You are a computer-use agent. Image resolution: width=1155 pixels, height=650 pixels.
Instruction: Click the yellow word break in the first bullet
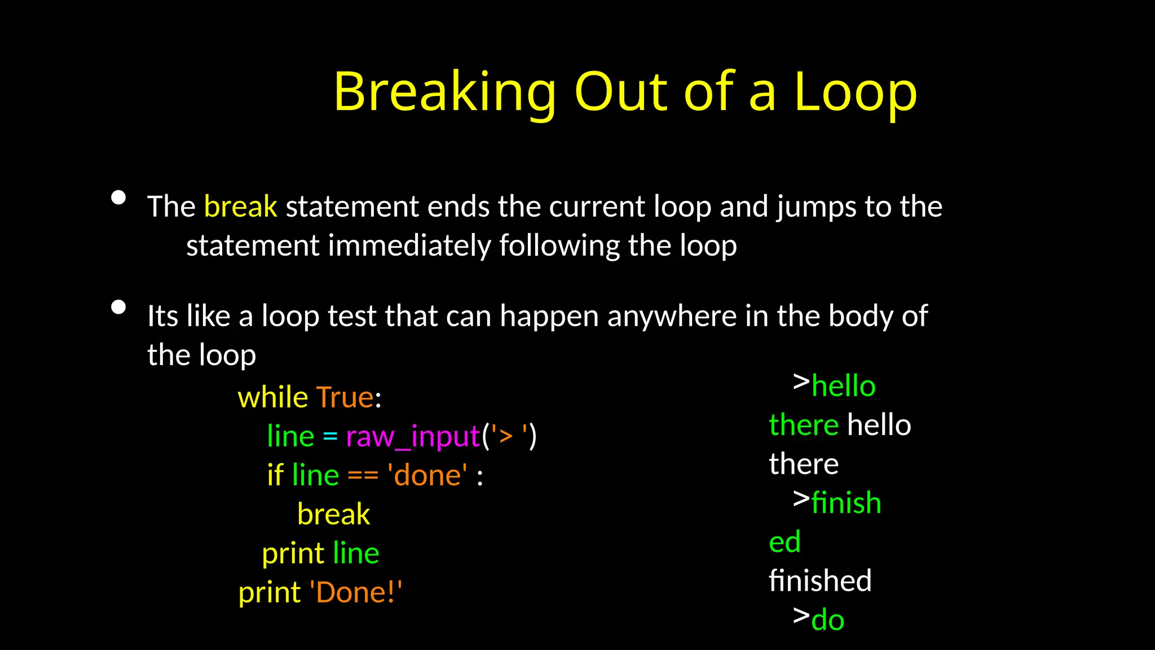[240, 207]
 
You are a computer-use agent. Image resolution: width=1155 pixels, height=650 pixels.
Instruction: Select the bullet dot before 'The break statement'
[118, 197]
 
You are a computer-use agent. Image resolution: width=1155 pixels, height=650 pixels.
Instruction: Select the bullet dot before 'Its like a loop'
[118, 307]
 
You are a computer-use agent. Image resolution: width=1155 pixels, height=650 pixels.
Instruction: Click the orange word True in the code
[345, 397]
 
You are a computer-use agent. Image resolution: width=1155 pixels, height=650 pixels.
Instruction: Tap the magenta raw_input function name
[412, 437]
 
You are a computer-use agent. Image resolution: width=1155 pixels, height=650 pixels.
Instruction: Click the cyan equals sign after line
[330, 437]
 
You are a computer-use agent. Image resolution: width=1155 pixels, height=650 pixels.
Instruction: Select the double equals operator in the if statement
[363, 476]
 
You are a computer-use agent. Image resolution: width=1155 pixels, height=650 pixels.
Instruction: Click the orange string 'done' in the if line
[427, 476]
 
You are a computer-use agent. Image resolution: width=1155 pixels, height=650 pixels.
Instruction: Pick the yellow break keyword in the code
[333, 515]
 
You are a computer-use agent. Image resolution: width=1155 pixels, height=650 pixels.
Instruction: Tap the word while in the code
[272, 397]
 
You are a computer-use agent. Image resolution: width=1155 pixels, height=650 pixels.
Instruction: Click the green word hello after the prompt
[843, 387]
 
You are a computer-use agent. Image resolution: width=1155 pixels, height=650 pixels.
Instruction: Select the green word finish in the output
[846, 503]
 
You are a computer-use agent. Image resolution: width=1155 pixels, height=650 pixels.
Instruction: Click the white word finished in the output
[820, 581]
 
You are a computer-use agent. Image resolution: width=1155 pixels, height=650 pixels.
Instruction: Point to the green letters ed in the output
[784, 542]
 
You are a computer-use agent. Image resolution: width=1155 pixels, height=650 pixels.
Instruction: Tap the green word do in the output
[827, 620]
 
